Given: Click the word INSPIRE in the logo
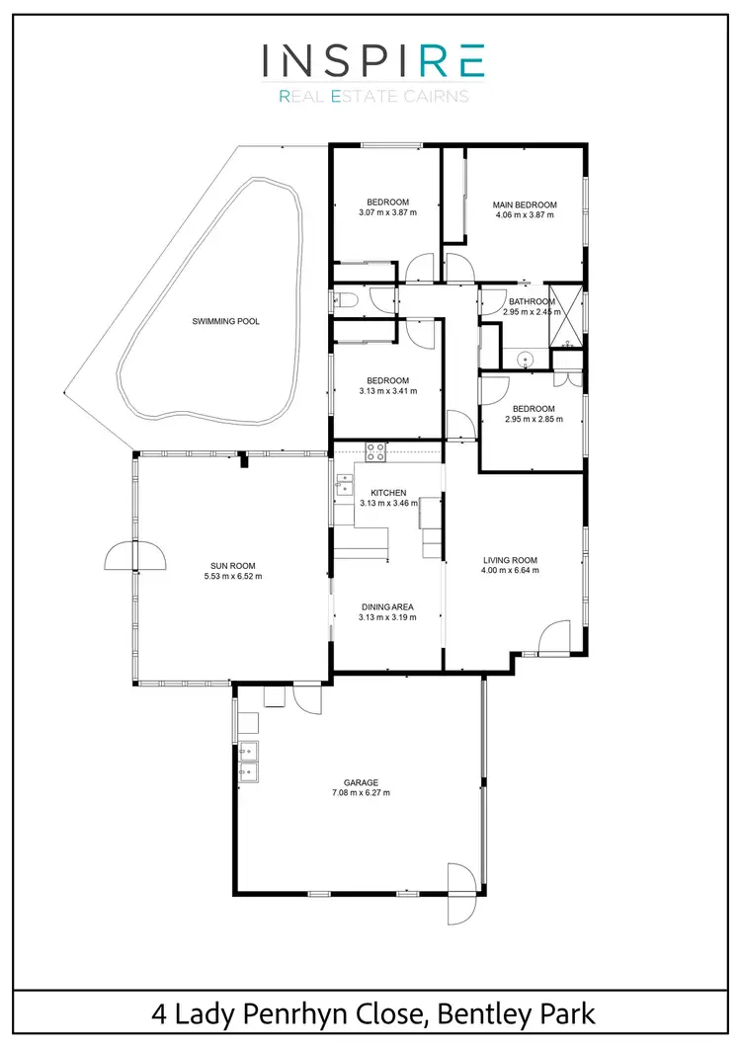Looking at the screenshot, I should [x=372, y=61].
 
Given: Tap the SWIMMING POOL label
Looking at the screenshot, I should [x=226, y=321].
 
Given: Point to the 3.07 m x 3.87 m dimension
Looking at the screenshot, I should [x=387, y=212].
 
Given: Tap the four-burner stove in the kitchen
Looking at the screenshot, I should [x=375, y=452].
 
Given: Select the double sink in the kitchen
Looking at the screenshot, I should [x=345, y=484].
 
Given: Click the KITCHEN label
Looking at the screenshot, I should [x=388, y=493].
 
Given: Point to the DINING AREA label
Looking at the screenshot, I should [x=387, y=606].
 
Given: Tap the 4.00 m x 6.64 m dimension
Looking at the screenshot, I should [x=510, y=570].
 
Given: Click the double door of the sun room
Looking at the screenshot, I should [x=123, y=557].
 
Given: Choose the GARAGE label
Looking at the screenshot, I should [x=362, y=782].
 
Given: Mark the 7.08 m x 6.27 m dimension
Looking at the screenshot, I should [x=362, y=792].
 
